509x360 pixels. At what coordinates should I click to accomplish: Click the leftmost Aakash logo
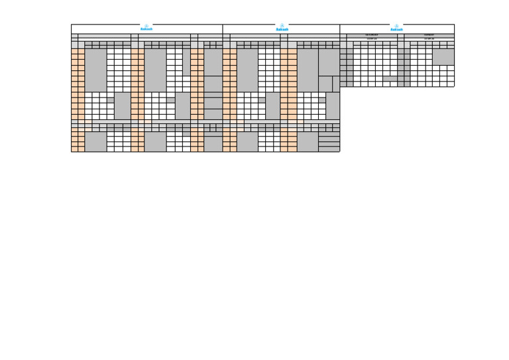146,28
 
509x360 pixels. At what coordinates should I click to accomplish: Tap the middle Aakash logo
282,28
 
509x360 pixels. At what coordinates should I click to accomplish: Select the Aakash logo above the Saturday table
396,28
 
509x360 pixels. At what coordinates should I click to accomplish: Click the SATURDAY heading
372,35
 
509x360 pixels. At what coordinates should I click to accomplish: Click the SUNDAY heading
429,35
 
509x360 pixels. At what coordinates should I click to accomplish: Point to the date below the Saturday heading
372,39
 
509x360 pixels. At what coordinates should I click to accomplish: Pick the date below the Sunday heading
429,39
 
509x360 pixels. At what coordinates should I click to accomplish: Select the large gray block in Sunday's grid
443,56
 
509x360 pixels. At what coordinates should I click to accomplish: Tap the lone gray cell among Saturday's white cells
390,78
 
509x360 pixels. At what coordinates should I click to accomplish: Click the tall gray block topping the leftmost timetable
95,70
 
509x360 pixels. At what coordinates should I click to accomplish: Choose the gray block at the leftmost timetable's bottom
95,141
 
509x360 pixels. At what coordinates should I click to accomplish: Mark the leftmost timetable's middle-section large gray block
122,105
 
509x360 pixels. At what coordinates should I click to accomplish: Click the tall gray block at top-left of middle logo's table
247,70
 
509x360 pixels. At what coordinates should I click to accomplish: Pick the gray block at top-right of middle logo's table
329,62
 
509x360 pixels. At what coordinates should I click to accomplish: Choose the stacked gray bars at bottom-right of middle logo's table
329,141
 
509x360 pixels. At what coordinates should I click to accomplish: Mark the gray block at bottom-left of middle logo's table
247,141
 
